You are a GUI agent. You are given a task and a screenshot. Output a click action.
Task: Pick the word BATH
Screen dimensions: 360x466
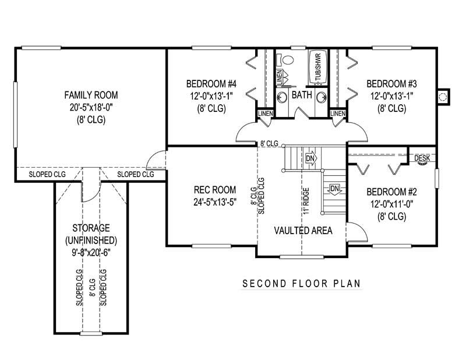301,95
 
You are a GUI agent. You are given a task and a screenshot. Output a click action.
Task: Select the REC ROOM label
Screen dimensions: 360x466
215,189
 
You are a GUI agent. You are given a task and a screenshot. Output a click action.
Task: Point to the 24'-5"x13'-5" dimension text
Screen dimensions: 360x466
215,203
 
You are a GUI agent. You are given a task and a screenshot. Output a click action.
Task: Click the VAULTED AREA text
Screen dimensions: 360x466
303,231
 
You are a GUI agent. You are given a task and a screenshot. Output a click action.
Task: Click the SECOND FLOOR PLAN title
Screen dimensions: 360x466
302,284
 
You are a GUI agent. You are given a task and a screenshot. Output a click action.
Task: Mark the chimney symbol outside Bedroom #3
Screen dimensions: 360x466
444,97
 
